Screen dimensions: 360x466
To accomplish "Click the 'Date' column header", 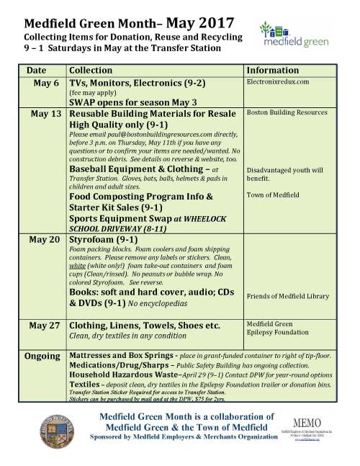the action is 36,71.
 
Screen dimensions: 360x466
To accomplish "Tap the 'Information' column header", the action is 273,71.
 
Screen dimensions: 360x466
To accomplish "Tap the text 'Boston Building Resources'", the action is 287,113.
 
